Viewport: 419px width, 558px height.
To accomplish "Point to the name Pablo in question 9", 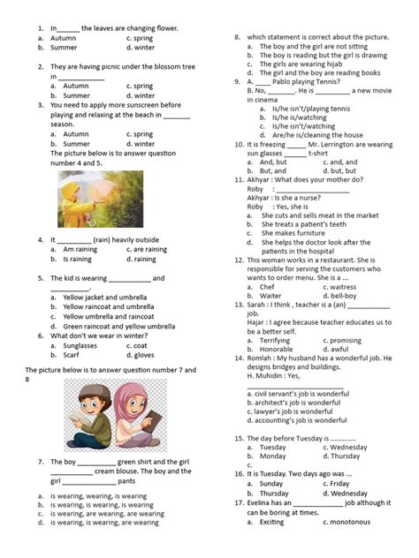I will [283, 80].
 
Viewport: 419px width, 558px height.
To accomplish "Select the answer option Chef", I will [267, 287].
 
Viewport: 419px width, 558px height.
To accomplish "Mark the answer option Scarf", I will [74, 356].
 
